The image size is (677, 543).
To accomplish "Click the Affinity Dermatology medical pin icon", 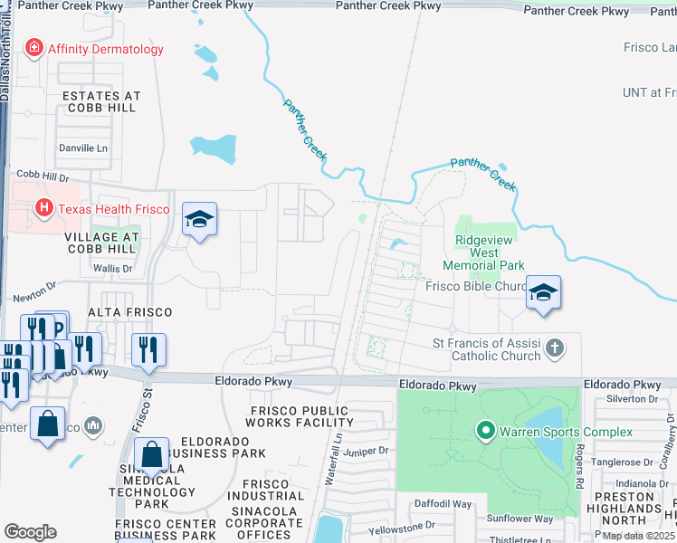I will coord(35,49).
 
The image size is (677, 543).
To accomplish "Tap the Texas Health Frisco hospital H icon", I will coord(43,209).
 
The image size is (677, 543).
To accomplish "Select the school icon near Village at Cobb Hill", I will coord(199,219).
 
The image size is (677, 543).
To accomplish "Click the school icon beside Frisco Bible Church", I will coord(543,292).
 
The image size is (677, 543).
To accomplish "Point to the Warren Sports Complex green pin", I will coord(484,431).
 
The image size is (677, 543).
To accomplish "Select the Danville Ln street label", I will coord(82,148).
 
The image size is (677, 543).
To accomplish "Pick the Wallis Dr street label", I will coord(114,269).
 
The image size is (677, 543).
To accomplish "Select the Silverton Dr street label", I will coord(633,398).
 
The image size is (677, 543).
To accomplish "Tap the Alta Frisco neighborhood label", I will coord(129,312).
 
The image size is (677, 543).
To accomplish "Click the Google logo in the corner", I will coord(31,531).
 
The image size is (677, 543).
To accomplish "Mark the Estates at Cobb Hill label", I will coord(100,101).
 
